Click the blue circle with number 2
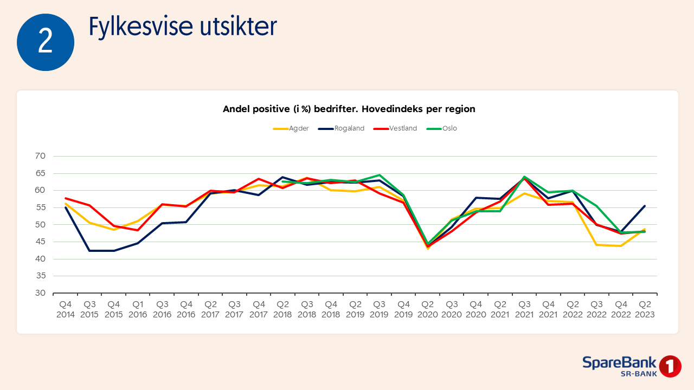(46, 42)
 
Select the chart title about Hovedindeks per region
(349, 109)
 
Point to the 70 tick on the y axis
(41, 156)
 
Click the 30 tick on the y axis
(41, 293)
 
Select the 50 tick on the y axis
(41, 225)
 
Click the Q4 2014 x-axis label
(65, 310)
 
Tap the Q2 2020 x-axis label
(428, 310)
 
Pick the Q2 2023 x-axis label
(645, 310)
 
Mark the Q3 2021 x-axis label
(524, 310)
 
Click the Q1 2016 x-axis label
(138, 310)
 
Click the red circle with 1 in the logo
(671, 366)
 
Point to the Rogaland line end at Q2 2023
(645, 206)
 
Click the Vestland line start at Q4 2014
(66, 198)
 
